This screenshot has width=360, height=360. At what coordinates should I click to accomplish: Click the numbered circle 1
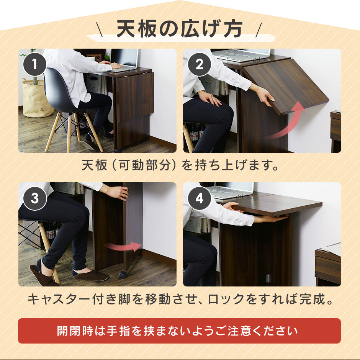tap(35, 64)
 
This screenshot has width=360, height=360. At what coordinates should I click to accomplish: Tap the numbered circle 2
tap(199, 64)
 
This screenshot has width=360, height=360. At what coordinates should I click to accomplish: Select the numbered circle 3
tap(35, 198)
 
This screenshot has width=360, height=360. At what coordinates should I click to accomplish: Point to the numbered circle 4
tap(199, 198)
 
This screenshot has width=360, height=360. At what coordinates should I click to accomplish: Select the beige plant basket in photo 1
tap(37, 98)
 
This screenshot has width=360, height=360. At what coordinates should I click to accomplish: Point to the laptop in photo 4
tap(231, 190)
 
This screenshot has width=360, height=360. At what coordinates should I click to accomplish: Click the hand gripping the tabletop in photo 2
tap(264, 95)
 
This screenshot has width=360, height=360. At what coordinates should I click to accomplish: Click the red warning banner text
tap(177, 331)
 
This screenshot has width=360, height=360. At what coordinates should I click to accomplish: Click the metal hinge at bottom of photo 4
tap(267, 278)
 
